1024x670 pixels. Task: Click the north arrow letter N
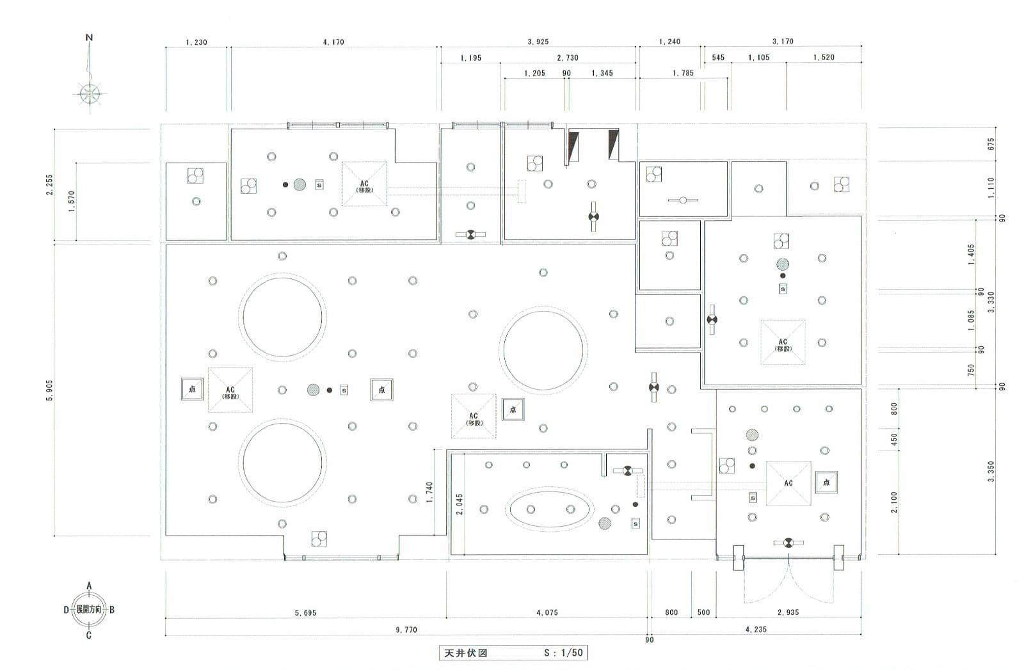(89, 37)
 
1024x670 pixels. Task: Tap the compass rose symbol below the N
(90, 93)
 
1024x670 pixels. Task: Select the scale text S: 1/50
(563, 653)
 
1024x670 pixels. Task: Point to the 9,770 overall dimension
(406, 630)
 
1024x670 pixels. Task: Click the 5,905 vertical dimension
(50, 390)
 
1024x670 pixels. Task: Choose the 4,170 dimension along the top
(333, 42)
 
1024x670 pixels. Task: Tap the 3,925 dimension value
(538, 42)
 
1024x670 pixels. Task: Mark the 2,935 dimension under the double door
(788, 612)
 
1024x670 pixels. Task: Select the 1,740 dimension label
(429, 491)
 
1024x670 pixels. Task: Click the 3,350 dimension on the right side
(991, 471)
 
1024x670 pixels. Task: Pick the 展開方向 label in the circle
(89, 610)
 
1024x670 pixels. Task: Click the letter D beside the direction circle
(66, 610)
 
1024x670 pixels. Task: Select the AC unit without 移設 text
(788, 483)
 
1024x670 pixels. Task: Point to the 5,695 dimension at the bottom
(305, 613)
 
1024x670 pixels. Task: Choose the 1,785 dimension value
(683, 73)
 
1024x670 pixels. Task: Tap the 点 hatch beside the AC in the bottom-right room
(826, 483)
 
